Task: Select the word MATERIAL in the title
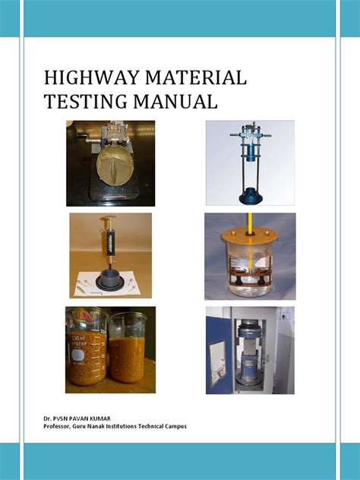[x=196, y=77]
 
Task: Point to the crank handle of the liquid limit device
[x=85, y=137]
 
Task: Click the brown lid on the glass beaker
[x=250, y=237]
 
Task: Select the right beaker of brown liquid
[x=128, y=348]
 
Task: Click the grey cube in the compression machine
[x=248, y=343]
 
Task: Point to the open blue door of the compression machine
[x=219, y=355]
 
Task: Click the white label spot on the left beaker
[x=77, y=355]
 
